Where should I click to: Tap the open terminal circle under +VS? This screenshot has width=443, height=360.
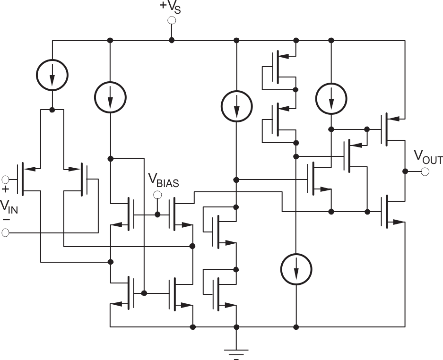tap(172, 20)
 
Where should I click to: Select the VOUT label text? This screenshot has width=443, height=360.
tap(428, 157)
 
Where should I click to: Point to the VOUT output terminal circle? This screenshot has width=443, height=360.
tap(425, 171)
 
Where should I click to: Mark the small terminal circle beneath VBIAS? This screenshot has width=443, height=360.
tap(158, 195)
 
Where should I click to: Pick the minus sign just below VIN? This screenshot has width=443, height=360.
tap(6, 220)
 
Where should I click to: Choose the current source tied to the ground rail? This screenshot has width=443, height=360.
tap(296, 269)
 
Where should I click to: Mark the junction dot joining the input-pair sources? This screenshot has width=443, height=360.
tap(52, 110)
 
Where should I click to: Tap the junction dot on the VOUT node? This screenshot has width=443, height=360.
tap(405, 171)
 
